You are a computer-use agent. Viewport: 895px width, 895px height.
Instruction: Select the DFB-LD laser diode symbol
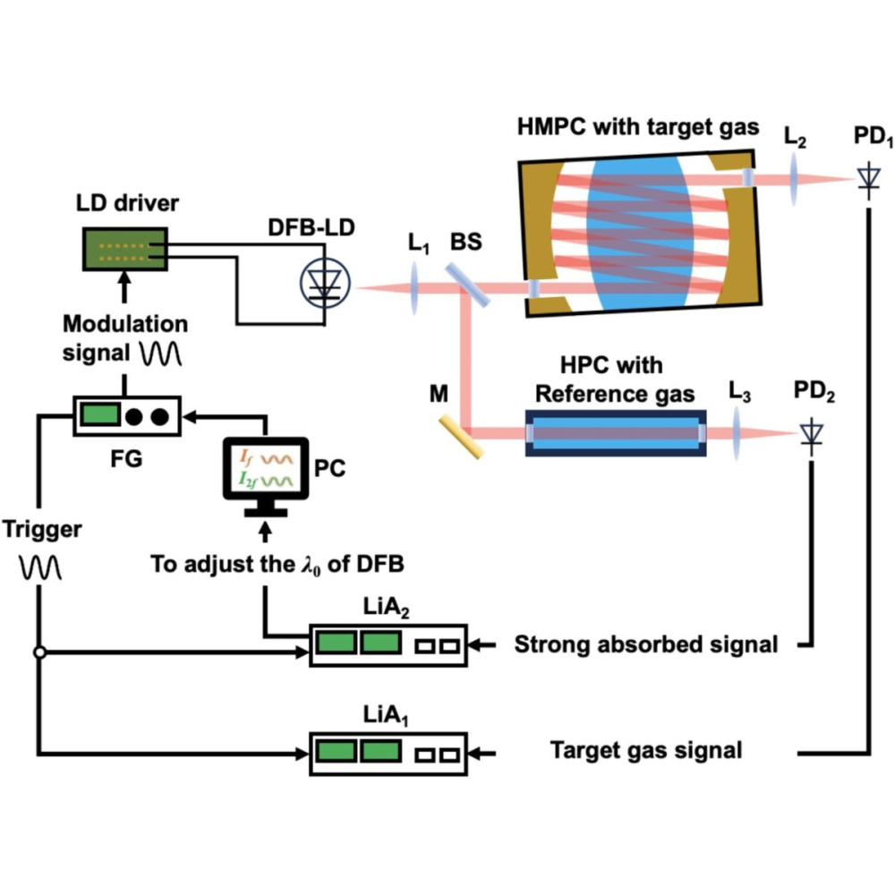(x=326, y=287)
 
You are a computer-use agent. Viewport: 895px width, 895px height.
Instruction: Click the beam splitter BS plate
(x=472, y=287)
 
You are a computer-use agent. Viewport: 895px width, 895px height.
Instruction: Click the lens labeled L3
(x=738, y=434)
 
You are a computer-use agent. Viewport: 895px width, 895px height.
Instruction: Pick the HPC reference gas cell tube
(x=615, y=433)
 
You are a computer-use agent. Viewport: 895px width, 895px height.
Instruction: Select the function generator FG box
(x=124, y=417)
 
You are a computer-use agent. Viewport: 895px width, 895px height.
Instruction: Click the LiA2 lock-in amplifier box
(x=388, y=644)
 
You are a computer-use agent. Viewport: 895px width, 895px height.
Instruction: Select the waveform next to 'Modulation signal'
(x=161, y=354)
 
